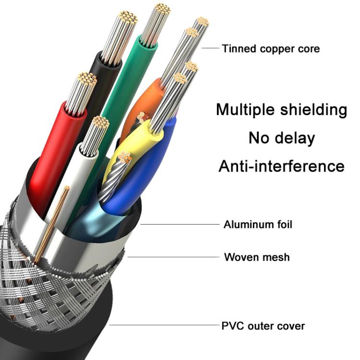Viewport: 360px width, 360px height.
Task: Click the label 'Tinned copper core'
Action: (270, 48)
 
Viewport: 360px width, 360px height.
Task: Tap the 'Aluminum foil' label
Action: (257, 225)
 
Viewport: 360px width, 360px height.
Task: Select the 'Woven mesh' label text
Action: (257, 257)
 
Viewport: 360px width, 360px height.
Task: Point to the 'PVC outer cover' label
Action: (263, 326)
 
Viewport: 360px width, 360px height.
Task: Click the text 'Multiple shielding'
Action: (281, 109)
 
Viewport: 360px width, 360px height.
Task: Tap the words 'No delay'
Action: (281, 138)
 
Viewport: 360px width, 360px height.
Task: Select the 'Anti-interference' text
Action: (281, 167)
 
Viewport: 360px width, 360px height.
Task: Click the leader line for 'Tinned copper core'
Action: (210, 48)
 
